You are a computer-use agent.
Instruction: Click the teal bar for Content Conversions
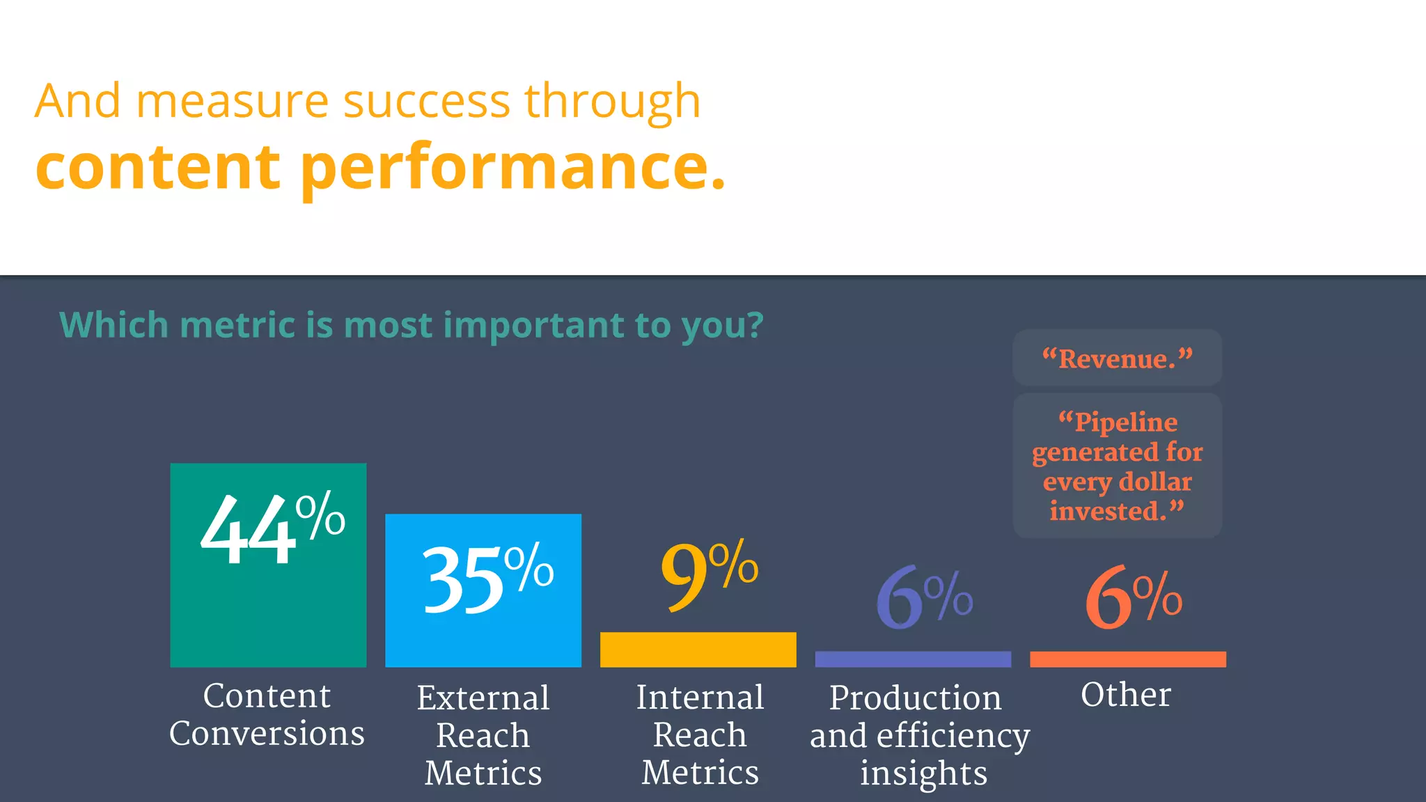click(x=268, y=613)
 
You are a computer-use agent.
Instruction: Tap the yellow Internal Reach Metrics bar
click(x=698, y=650)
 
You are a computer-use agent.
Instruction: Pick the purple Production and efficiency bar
click(x=913, y=659)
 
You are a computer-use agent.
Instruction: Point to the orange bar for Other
click(x=1127, y=659)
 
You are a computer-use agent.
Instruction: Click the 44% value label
click(x=272, y=529)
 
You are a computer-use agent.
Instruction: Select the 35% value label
click(x=487, y=578)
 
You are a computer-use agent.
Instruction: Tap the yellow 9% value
click(x=709, y=575)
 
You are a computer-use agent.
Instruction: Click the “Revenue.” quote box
click(x=1117, y=359)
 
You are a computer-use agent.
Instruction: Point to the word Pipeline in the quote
click(x=1126, y=422)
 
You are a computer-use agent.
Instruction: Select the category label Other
click(x=1126, y=694)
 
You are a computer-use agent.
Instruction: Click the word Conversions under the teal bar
click(x=267, y=733)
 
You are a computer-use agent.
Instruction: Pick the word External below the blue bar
click(x=483, y=698)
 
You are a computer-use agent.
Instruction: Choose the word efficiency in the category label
click(x=953, y=737)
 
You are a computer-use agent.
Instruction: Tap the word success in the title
click(x=427, y=101)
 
